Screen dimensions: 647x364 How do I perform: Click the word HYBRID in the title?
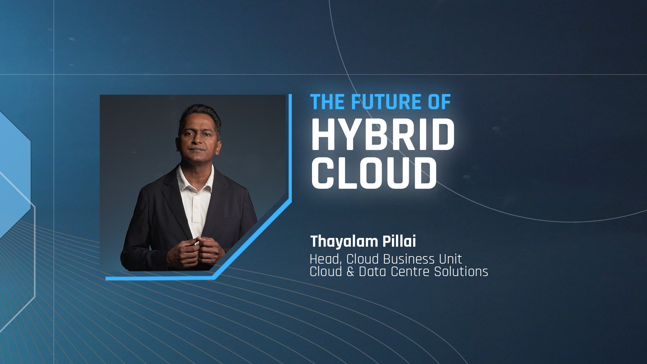[x=383, y=134]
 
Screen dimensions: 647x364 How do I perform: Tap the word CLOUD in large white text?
[x=374, y=173]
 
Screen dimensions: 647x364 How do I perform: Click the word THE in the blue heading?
[x=328, y=102]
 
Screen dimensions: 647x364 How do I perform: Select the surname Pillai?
[x=399, y=241]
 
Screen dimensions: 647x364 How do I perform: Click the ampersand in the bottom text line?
[x=350, y=272]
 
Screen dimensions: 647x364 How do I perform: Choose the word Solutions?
[x=461, y=272]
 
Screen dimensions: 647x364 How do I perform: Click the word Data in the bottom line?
[x=372, y=272]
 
